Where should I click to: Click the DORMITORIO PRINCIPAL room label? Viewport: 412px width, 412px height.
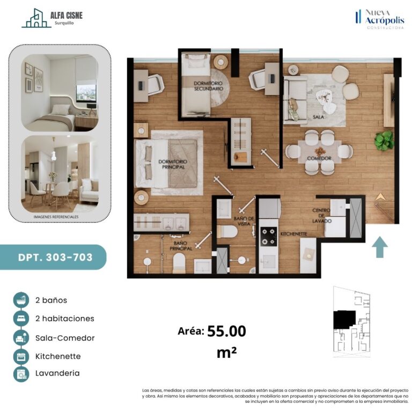coord(173,164)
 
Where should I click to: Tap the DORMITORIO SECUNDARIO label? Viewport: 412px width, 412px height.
coord(208,86)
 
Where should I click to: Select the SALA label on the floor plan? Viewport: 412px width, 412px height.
coord(318,116)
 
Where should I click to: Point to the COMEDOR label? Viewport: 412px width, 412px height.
coord(319,158)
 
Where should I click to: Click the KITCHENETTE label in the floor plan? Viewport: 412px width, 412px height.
coord(294,233)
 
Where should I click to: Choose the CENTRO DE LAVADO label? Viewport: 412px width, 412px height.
coord(322,216)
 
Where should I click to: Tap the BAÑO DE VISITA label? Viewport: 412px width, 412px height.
coord(244,221)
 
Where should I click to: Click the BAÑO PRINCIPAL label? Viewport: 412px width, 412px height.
coord(181,246)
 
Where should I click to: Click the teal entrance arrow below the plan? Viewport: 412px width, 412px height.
coord(380,247)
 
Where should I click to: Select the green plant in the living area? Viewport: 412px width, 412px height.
coord(385,141)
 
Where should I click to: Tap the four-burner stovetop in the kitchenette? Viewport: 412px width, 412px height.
coord(269,237)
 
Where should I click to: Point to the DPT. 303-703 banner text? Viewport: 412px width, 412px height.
coord(55,257)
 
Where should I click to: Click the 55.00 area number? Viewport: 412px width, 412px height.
coord(226,331)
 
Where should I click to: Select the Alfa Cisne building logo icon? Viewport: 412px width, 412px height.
coord(36,18)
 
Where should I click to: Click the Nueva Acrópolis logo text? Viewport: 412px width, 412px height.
coord(385,17)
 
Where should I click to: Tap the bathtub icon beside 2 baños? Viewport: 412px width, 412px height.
coord(21,300)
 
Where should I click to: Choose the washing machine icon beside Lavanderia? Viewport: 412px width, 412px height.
coord(21,373)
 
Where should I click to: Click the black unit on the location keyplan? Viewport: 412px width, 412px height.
coord(344,319)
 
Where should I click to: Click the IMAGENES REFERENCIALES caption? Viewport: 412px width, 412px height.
coord(56,217)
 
